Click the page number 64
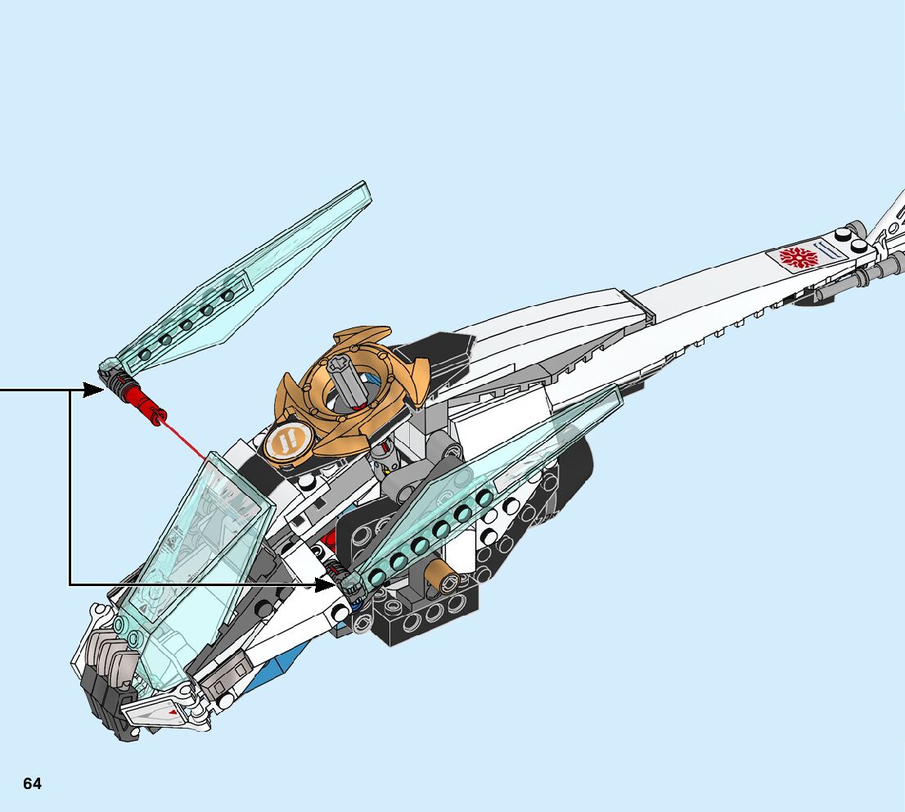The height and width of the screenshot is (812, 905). coord(32,783)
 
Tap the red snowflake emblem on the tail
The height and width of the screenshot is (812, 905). coord(798,258)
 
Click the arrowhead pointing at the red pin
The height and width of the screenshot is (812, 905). coord(93,390)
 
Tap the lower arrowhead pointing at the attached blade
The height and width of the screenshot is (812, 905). coord(326,584)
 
